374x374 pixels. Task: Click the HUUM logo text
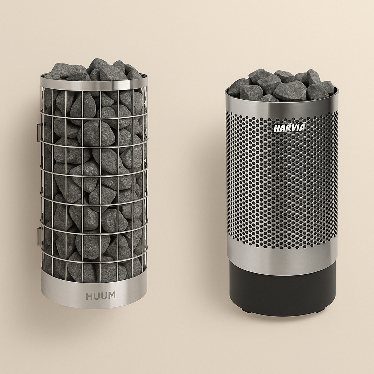click(101, 295)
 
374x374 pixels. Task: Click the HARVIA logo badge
click(289, 128)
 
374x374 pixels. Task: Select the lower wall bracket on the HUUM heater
click(39, 236)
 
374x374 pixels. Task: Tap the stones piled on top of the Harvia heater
click(282, 85)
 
